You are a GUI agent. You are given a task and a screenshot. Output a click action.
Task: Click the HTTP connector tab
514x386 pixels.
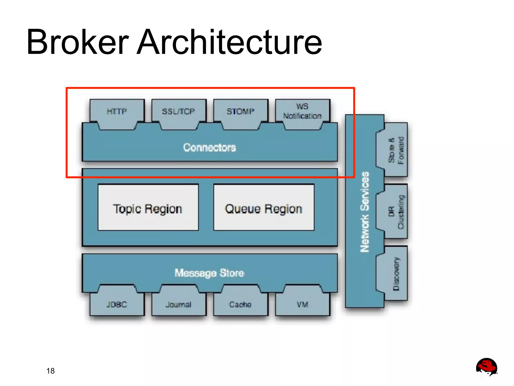tap(117, 112)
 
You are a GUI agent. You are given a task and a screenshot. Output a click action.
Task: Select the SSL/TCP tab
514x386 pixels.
tap(178, 112)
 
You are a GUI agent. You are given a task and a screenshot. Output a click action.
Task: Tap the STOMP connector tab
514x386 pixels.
tap(240, 112)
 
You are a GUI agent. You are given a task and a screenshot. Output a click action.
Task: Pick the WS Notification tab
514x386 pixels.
tap(302, 111)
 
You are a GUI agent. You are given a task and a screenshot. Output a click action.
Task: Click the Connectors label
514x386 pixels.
tap(210, 147)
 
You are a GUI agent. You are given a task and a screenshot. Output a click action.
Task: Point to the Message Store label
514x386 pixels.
tap(210, 273)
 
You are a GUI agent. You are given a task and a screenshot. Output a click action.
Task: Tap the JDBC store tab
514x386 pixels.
tap(117, 304)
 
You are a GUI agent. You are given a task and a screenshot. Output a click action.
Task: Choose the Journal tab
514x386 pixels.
tap(178, 304)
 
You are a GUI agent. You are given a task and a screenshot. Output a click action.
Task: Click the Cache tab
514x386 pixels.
tap(240, 304)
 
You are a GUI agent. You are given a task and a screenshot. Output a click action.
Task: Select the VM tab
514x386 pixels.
tap(302, 304)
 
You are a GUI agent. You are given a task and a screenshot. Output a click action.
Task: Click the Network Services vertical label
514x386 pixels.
tap(365, 212)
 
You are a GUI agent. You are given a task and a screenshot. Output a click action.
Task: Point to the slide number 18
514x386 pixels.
tap(50, 371)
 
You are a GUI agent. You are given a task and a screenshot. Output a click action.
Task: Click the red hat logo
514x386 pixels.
tap(486, 367)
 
